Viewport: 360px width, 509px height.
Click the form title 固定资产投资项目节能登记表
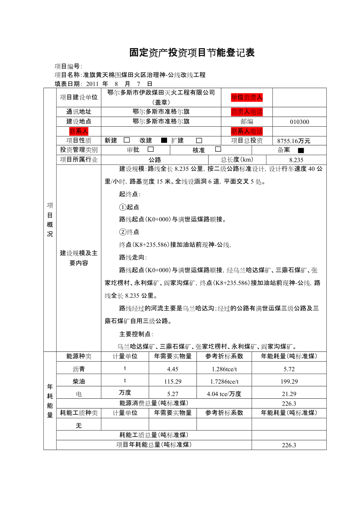[x=192, y=53]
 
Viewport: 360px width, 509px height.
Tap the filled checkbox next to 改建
[x=164, y=140]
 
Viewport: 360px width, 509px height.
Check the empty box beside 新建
[x=126, y=140]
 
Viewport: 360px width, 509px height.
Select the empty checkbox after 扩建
[x=199, y=140]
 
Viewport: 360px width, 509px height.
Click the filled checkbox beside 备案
[x=301, y=150]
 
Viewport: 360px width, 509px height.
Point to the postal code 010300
[x=299, y=122]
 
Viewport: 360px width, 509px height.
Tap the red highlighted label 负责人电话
[x=247, y=112]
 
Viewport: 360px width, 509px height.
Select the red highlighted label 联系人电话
[x=247, y=131]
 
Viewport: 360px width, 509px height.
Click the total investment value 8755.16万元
[x=293, y=141]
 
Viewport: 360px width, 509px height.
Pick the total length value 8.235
[x=296, y=160]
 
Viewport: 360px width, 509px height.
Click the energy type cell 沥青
[x=79, y=369]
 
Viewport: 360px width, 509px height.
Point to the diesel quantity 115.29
[x=173, y=381]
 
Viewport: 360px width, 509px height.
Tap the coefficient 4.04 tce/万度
[x=224, y=394]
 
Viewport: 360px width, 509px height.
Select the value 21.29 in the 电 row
[x=289, y=394]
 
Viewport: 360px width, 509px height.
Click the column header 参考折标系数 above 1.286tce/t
[x=224, y=356]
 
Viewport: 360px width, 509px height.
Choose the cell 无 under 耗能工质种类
[x=79, y=425]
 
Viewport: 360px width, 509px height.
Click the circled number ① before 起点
[x=122, y=207]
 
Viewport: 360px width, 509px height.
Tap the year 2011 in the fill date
[x=92, y=84]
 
